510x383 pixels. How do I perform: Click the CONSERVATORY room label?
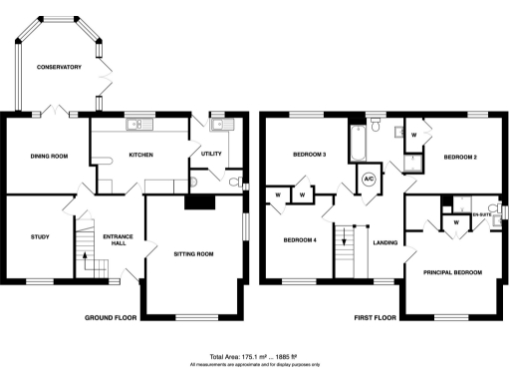click(x=59, y=67)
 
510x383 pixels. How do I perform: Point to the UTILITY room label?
click(x=211, y=154)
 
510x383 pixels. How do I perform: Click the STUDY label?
click(x=40, y=236)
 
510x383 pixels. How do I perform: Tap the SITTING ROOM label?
click(x=194, y=254)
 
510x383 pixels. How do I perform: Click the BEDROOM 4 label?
click(x=300, y=240)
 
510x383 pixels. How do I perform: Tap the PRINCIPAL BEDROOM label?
click(x=452, y=272)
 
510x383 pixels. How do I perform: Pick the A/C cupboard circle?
click(x=368, y=180)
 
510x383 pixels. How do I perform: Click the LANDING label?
click(x=385, y=241)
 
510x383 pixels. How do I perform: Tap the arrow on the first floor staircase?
click(x=345, y=238)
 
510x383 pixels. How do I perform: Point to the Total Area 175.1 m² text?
click(x=254, y=356)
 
